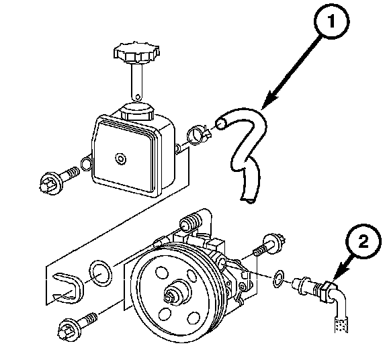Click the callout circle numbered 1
click(332, 21)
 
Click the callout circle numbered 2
click(363, 242)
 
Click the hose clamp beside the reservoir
click(198, 135)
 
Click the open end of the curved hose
click(220, 124)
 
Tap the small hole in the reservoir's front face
click(120, 158)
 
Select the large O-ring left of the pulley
click(100, 273)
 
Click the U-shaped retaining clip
click(68, 288)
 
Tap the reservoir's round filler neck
click(137, 111)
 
